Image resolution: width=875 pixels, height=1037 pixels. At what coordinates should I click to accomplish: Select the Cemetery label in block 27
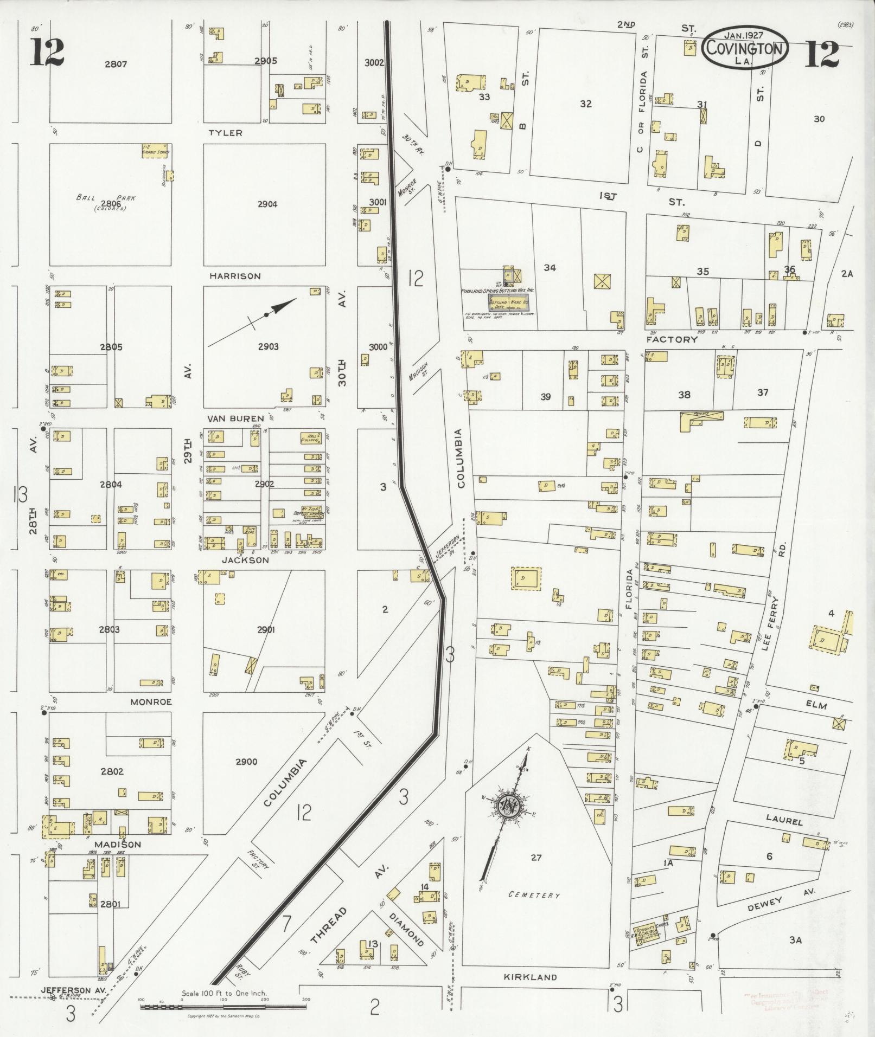(x=534, y=894)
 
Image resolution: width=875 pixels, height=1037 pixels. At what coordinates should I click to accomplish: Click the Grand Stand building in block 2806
(x=156, y=150)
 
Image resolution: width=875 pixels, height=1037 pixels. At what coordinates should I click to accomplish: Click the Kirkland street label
(x=530, y=977)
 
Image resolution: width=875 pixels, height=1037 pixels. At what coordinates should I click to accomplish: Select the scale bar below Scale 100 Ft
(x=222, y=1007)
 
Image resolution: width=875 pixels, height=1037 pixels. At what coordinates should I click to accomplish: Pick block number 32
(x=585, y=104)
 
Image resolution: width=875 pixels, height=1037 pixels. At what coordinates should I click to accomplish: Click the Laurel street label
(x=784, y=821)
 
